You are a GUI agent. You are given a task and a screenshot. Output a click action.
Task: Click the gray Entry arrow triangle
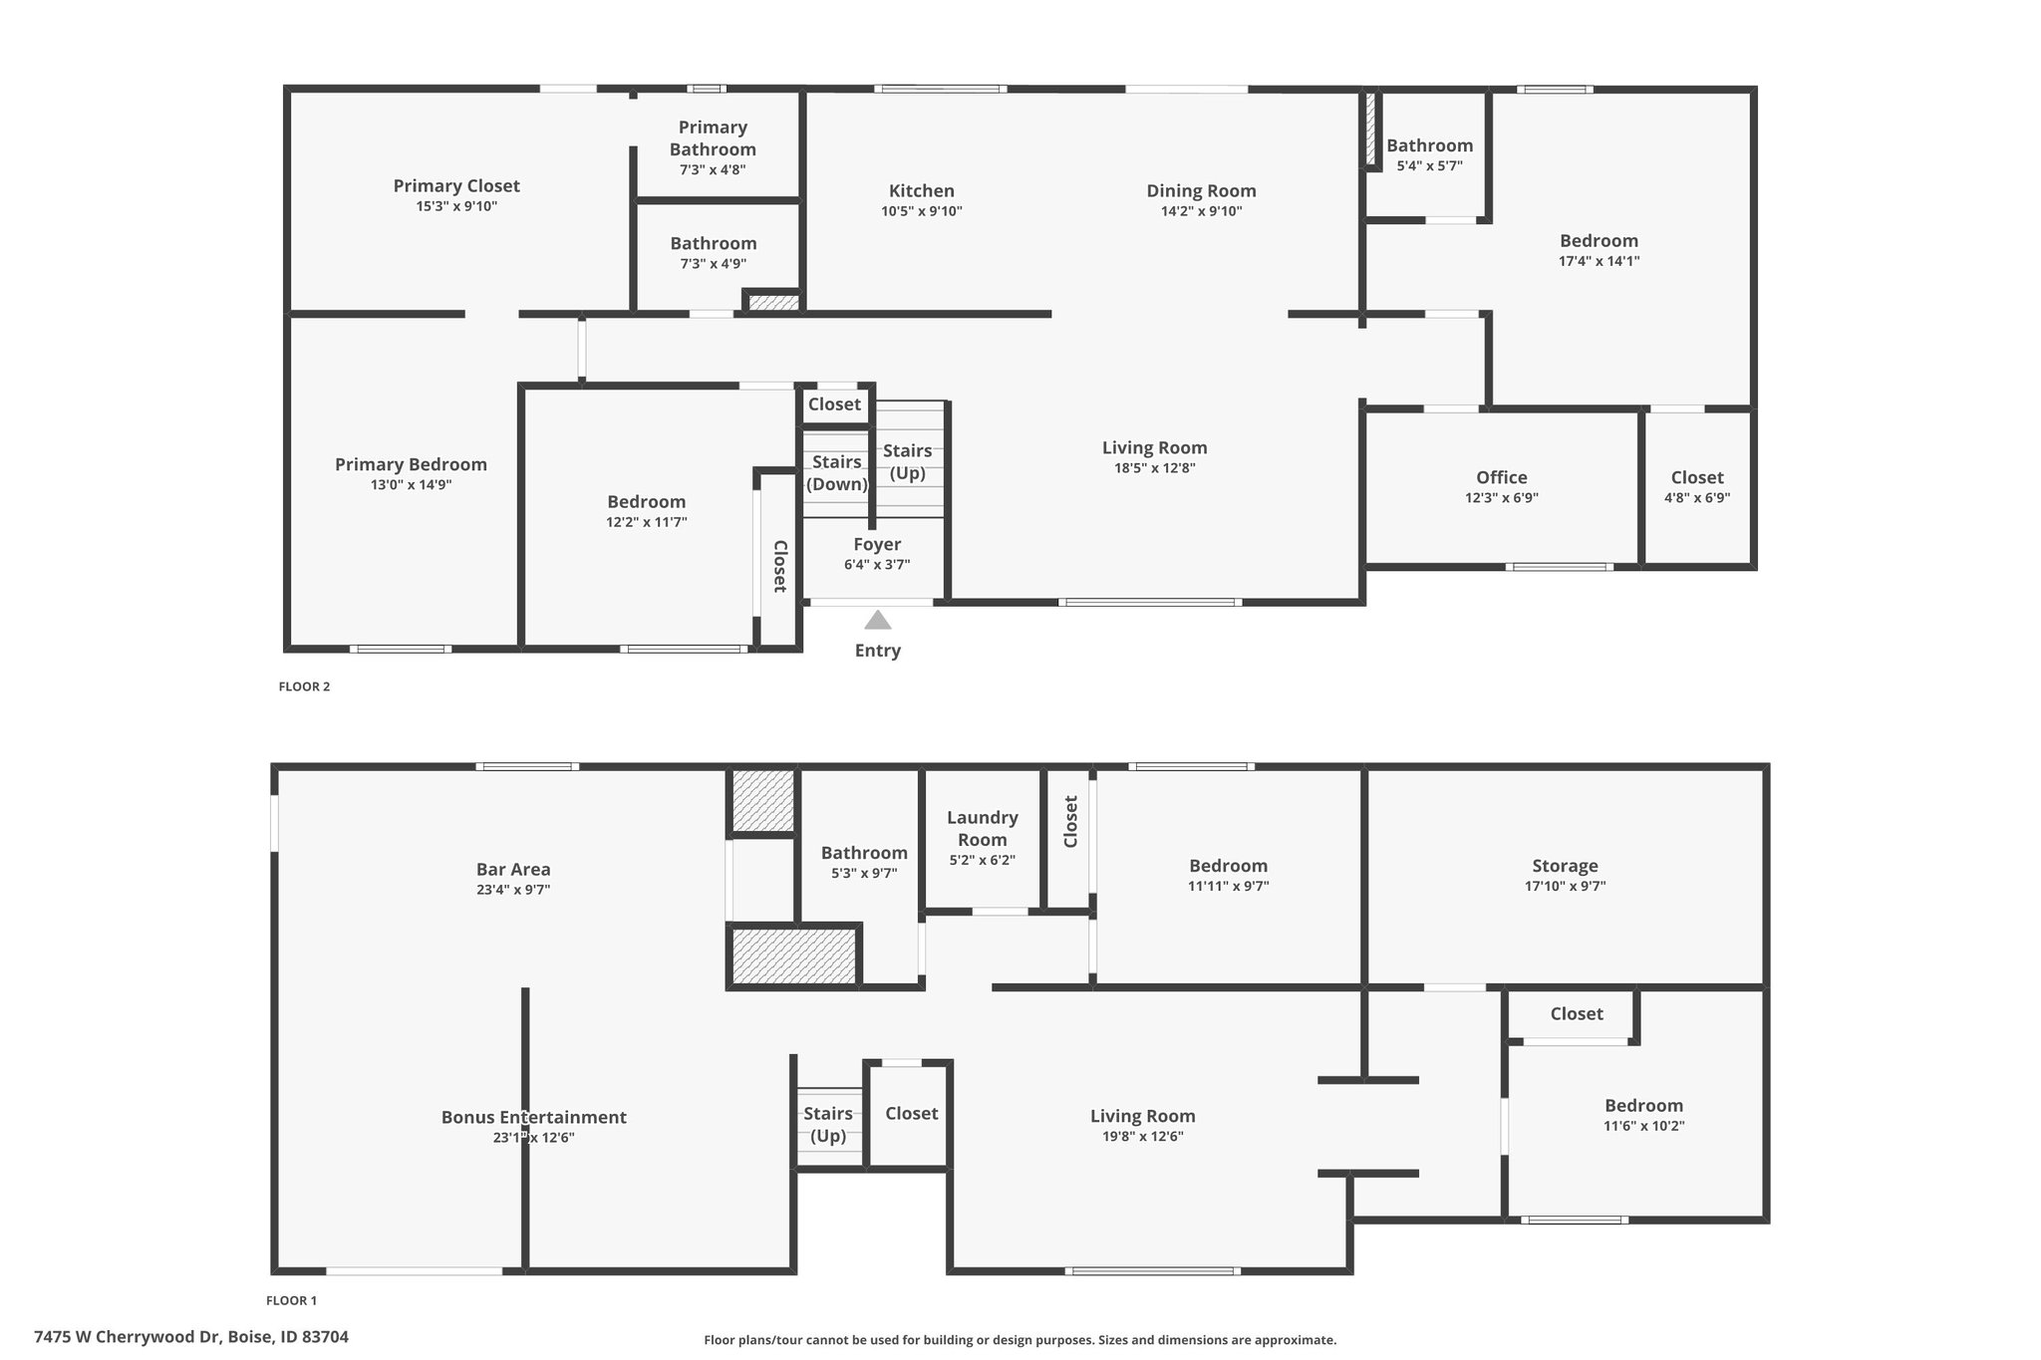click(877, 621)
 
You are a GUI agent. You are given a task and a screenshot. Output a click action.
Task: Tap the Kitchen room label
click(922, 190)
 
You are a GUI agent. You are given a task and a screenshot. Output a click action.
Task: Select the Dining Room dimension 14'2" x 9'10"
click(1201, 211)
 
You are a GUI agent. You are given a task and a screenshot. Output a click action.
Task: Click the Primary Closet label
click(456, 185)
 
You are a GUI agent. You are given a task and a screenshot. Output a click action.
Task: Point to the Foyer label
click(877, 544)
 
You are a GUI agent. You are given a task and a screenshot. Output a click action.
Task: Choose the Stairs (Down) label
click(836, 473)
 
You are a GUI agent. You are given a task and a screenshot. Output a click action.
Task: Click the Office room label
click(1502, 477)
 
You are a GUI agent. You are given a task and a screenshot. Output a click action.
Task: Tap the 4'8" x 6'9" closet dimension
click(1697, 498)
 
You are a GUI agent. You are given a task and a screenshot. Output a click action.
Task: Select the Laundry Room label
click(983, 828)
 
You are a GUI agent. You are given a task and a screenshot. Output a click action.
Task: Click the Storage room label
click(1565, 866)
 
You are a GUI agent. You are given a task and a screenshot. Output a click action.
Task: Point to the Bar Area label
click(513, 869)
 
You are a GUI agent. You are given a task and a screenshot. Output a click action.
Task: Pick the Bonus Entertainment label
click(534, 1117)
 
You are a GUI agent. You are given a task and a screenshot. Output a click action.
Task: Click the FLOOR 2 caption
click(304, 686)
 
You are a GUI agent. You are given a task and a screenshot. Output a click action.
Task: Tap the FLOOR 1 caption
click(291, 1300)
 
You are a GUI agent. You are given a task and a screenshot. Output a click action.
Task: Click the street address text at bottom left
click(191, 1337)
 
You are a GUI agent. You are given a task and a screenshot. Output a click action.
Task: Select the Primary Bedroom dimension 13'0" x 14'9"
click(411, 485)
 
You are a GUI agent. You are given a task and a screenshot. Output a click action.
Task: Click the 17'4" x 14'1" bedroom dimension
click(1599, 261)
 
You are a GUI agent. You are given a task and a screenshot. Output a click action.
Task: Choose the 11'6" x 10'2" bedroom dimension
click(1643, 1126)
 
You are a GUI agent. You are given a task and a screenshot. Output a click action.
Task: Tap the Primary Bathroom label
click(713, 138)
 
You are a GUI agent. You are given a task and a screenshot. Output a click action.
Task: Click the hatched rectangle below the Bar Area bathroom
click(794, 956)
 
